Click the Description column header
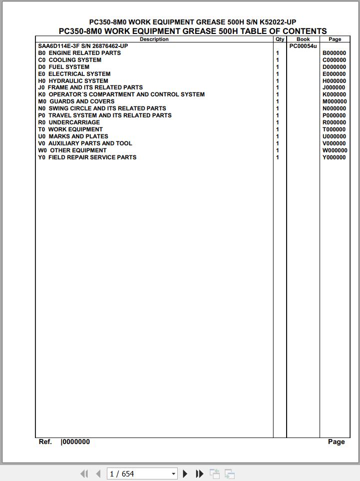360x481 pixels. tap(154, 39)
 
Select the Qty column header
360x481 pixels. tap(280, 39)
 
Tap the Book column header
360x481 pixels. tap(303, 39)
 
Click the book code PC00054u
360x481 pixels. tap(303, 46)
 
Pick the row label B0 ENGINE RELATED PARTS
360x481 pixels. tap(79, 53)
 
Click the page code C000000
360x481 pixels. tap(334, 60)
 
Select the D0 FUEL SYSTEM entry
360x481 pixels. tap(64, 67)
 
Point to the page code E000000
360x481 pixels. tap(334, 74)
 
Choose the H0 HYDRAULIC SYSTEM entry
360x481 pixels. tap(73, 80)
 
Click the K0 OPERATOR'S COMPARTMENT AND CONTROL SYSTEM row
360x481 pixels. tap(121, 94)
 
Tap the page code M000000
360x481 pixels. tap(335, 101)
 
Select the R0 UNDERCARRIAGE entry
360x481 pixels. tap(69, 122)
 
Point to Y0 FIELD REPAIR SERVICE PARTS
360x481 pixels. tap(87, 157)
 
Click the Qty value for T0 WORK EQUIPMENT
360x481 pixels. tap(278, 129)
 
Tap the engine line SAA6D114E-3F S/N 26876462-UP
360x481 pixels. tap(83, 46)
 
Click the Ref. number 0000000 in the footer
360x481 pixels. tap(75, 442)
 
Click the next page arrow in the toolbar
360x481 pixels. tap(185, 474)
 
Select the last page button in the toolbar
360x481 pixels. tap(199, 474)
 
